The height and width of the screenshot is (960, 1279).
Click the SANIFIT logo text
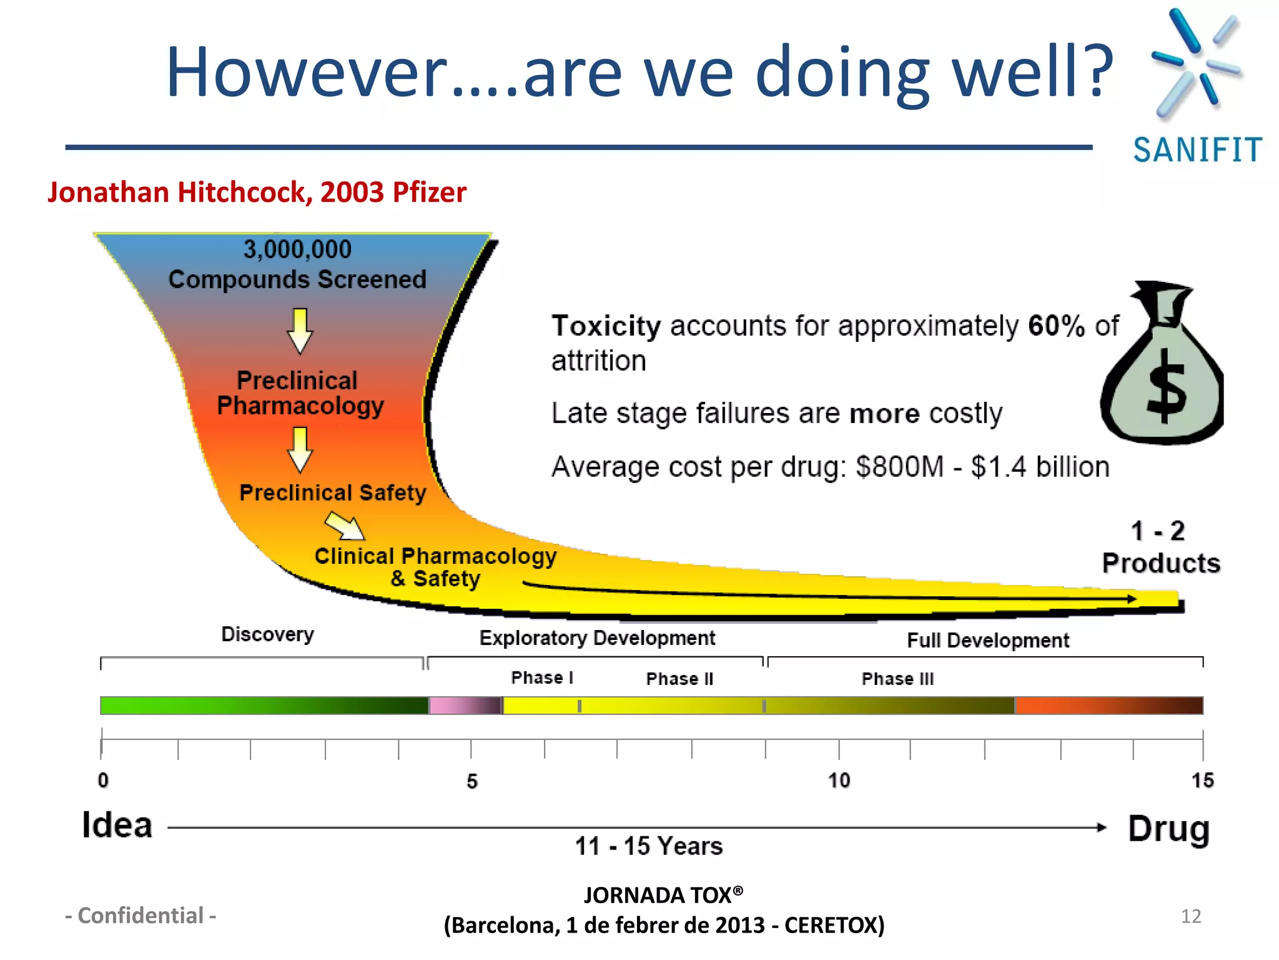click(x=1197, y=151)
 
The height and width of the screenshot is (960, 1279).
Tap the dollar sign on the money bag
click(x=1165, y=386)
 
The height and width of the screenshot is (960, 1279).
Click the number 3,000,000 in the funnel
click(x=297, y=249)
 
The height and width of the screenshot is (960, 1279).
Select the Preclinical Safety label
click(x=333, y=492)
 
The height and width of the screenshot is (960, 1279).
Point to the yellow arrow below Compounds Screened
click(x=300, y=331)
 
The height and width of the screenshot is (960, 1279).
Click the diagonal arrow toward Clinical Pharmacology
click(x=345, y=526)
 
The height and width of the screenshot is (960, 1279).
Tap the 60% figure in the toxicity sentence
click(x=1056, y=326)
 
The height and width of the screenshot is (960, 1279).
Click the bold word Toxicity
click(x=606, y=326)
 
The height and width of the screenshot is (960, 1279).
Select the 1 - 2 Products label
click(x=1160, y=547)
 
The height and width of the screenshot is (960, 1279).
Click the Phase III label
click(x=897, y=679)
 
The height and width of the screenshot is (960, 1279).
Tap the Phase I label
click(x=542, y=677)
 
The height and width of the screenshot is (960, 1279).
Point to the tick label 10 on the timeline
click(x=839, y=780)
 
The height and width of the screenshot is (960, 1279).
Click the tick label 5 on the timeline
click(x=472, y=781)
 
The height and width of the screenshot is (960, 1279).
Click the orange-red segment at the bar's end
click(x=1109, y=706)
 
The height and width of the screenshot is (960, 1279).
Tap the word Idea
click(x=117, y=825)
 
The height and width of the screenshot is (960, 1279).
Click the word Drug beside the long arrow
click(x=1168, y=829)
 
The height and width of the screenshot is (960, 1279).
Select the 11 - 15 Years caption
click(x=648, y=846)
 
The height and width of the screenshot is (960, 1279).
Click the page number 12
click(x=1191, y=916)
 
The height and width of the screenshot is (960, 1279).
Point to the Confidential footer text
click(x=141, y=916)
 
